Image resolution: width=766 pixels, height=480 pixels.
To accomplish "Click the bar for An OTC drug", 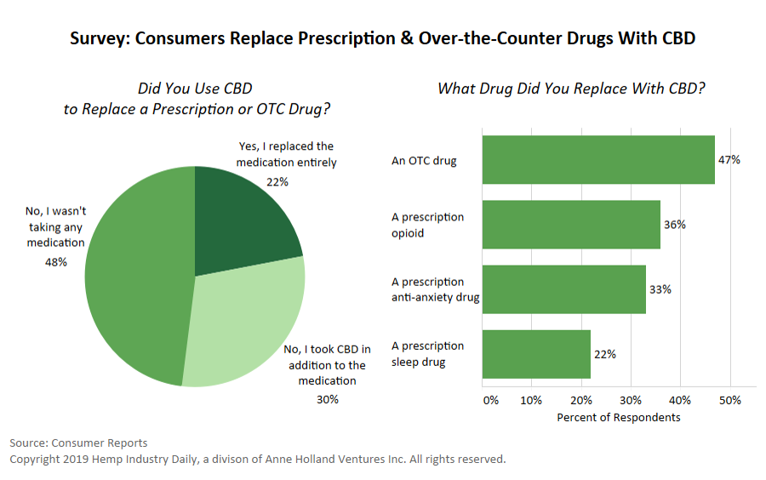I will click(x=598, y=160).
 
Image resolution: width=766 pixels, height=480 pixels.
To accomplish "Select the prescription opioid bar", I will click(x=571, y=225).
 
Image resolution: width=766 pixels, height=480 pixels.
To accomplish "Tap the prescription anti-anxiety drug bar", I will click(x=563, y=289).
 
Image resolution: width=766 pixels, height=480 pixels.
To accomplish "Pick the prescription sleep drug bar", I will click(x=536, y=354).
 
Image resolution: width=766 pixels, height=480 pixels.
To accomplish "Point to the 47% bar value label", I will click(x=729, y=160).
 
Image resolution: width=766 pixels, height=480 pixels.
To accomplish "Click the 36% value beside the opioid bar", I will click(x=675, y=225).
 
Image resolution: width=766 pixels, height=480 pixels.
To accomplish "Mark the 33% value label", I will click(x=660, y=289).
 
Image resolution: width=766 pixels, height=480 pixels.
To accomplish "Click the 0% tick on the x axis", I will click(x=490, y=400).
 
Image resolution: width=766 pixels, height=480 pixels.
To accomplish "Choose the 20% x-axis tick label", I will click(x=581, y=400).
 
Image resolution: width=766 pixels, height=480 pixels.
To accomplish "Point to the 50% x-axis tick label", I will click(x=730, y=400).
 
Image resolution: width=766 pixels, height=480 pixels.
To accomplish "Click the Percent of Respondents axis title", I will click(x=618, y=418).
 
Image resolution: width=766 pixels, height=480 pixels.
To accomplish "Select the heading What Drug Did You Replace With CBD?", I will click(x=571, y=89).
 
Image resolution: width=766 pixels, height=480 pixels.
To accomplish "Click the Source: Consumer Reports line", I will click(x=78, y=443).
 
